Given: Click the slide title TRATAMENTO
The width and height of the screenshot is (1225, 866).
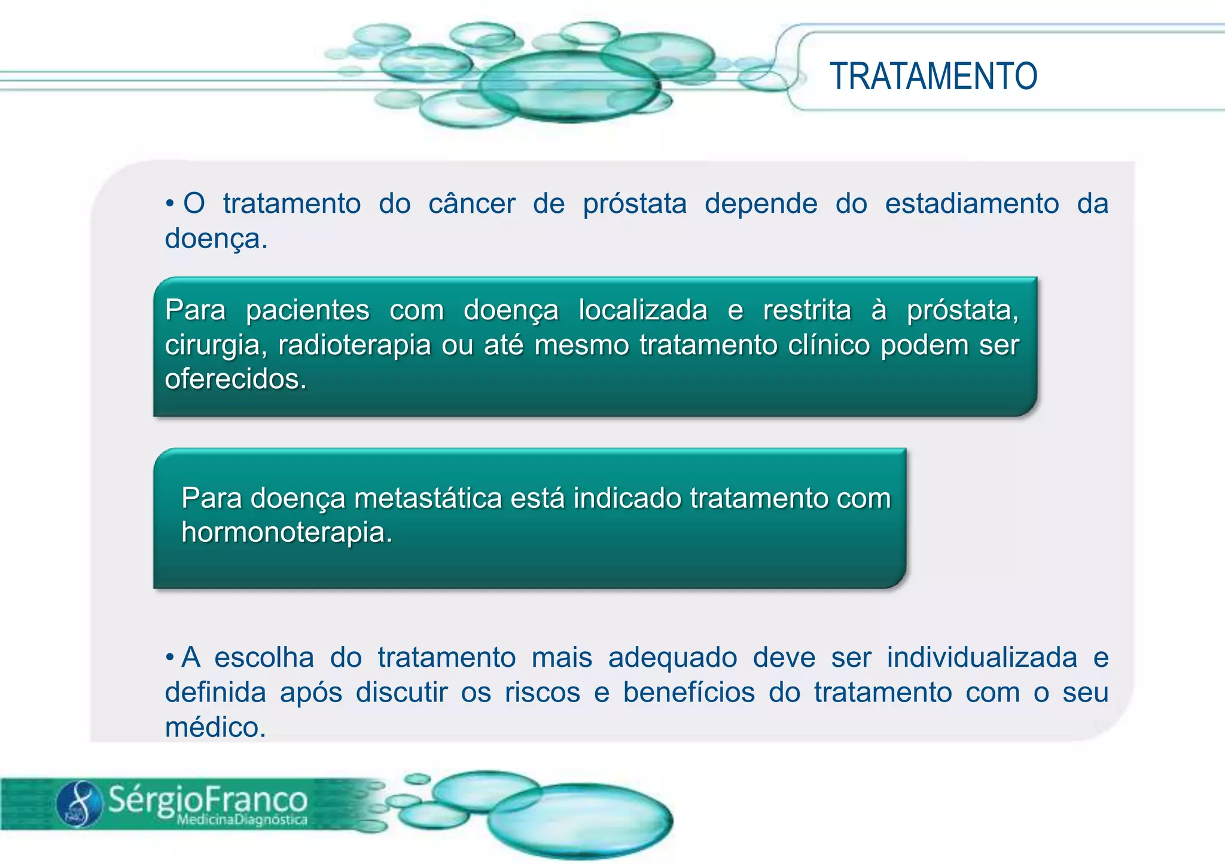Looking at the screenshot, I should [933, 77].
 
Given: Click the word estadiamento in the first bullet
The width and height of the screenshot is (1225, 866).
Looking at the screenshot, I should [971, 203].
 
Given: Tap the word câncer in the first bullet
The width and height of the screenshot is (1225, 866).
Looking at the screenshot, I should [471, 203].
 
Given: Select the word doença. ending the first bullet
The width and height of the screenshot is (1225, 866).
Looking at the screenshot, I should [216, 239].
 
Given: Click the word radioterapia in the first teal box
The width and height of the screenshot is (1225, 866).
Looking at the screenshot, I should [354, 345].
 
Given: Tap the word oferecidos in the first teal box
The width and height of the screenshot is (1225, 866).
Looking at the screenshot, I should [235, 379].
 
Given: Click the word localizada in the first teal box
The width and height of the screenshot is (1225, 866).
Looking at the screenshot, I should [643, 310].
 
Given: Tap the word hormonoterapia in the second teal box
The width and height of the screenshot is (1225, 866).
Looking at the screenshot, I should [287, 532].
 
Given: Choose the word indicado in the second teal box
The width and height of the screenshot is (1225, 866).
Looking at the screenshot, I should [627, 498].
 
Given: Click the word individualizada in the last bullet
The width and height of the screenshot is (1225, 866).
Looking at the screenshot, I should [982, 657].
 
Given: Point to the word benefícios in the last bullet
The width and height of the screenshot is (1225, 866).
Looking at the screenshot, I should [689, 693].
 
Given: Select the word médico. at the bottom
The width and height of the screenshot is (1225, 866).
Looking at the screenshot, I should [215, 728].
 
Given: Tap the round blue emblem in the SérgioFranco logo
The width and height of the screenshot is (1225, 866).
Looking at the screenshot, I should [80, 803].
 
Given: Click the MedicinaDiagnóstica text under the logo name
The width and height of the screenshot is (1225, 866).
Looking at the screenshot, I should [242, 820].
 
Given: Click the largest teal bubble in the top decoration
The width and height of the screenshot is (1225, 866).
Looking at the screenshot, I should [568, 86].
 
